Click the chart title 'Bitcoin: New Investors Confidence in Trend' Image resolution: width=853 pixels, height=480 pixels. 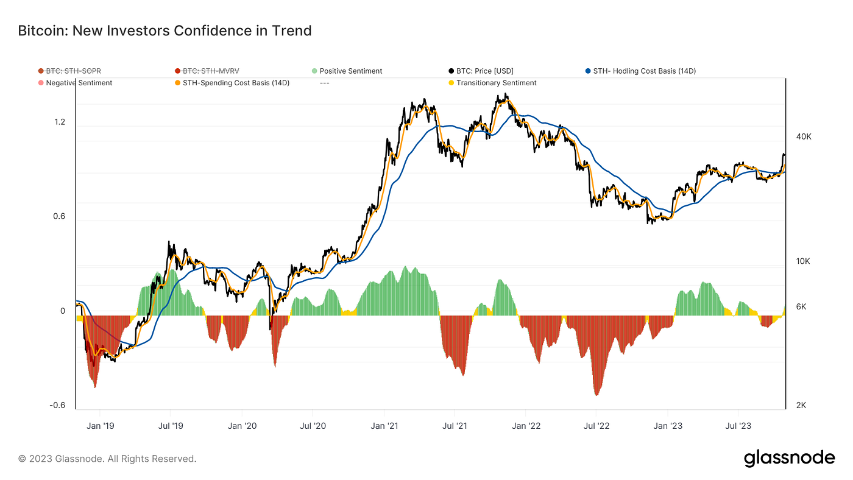pos(165,30)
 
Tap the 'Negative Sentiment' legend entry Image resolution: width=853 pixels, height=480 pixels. pos(79,83)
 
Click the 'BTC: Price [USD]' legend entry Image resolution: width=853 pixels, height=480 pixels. pos(484,71)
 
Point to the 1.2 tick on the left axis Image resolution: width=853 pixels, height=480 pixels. pos(60,122)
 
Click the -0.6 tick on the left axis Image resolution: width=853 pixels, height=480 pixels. pos(58,406)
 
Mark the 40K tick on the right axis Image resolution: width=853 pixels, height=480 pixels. pos(804,136)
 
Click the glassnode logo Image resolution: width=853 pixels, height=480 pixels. pos(789,458)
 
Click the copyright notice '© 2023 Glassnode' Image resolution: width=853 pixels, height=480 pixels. pos(107,459)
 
